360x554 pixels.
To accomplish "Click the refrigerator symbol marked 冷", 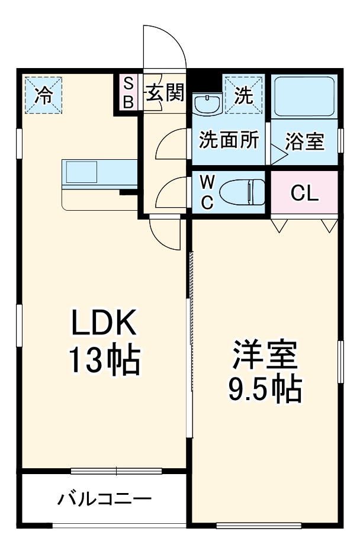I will click(x=43, y=94).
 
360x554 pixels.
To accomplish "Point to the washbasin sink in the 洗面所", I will click(x=207, y=104).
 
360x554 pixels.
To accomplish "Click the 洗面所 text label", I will click(x=228, y=140).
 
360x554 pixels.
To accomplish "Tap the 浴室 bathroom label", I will click(x=304, y=142).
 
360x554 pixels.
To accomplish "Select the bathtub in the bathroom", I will click(x=304, y=96).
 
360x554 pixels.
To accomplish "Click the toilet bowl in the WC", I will click(x=242, y=192).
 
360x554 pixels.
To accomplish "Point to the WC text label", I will click(x=207, y=192).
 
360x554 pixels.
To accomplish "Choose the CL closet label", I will click(x=305, y=192).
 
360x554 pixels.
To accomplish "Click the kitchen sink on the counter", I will click(x=81, y=172).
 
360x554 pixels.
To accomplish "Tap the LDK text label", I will click(x=104, y=324).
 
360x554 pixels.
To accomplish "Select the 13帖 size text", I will click(x=104, y=359).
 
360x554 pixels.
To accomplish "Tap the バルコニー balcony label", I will click(x=104, y=499).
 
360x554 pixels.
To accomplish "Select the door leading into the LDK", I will click(x=165, y=233).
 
